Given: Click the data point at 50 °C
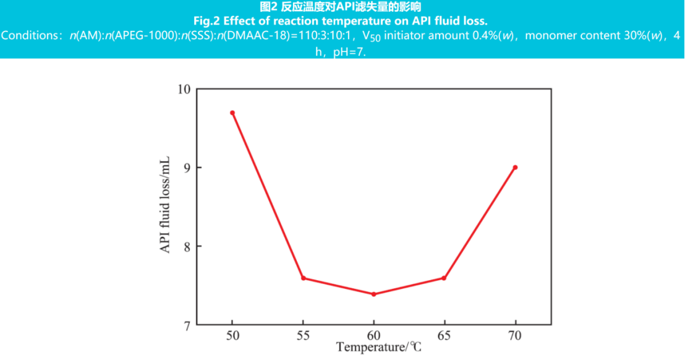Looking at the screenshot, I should (x=232, y=113).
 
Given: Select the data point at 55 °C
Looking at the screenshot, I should (x=303, y=278).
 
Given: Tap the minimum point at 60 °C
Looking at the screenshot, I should (x=373, y=294).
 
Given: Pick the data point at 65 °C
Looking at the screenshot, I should (x=444, y=278).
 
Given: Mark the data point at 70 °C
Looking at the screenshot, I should (x=515, y=168).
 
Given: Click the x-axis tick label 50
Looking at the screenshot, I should (x=232, y=335).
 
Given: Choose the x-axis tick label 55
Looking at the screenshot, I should (x=303, y=335).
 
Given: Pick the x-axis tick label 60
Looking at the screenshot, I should (x=373, y=335).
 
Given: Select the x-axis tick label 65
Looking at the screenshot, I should (x=444, y=335).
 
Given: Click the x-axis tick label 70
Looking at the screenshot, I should (x=515, y=335).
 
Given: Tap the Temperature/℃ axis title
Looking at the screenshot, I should (x=378, y=348).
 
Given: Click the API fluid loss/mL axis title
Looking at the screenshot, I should (x=165, y=207).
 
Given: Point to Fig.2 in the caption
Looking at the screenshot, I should (x=206, y=20).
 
